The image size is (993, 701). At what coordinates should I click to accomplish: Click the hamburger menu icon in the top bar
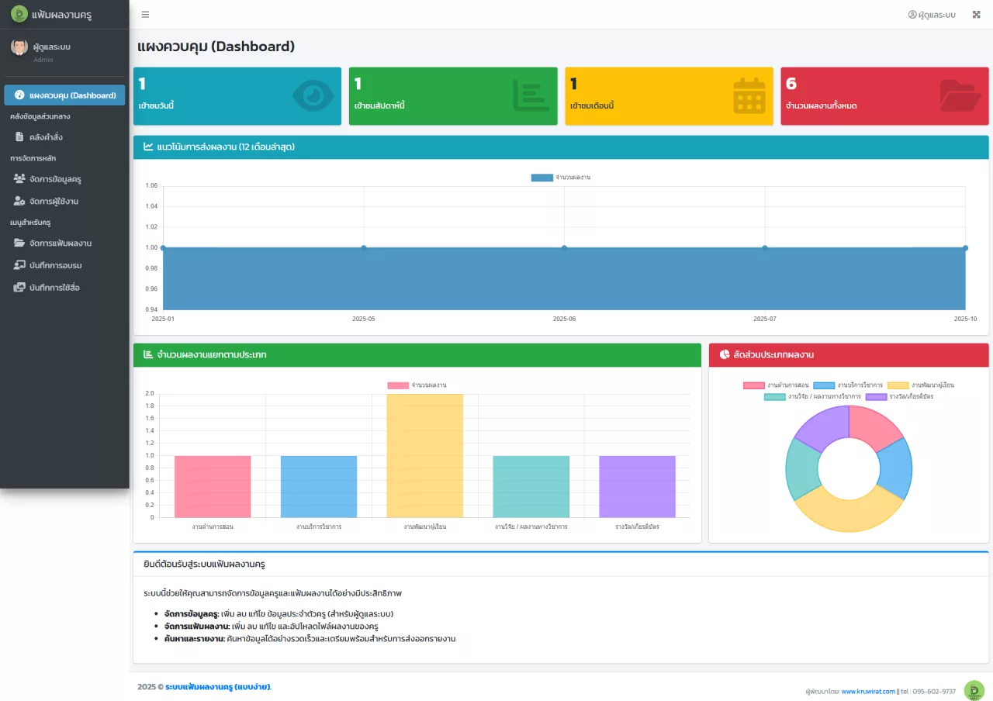tap(145, 15)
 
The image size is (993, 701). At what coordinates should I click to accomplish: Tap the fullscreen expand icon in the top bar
tap(976, 15)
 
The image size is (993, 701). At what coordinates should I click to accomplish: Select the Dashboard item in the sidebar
tap(64, 95)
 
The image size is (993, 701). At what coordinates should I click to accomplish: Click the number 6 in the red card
tap(791, 83)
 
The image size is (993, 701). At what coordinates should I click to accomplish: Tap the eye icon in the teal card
tap(313, 95)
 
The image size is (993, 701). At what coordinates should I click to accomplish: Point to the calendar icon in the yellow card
tap(749, 95)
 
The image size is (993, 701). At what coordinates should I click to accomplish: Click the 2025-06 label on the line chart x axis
tap(564, 319)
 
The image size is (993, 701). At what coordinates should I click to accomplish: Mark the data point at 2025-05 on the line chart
tap(364, 247)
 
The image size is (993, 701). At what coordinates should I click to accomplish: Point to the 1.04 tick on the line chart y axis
tap(151, 206)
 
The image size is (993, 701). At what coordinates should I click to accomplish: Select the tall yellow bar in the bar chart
tap(424, 455)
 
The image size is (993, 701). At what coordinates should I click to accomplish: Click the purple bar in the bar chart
tap(637, 486)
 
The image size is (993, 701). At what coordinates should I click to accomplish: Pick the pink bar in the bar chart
tap(213, 486)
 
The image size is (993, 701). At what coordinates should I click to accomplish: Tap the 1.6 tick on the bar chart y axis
tap(150, 418)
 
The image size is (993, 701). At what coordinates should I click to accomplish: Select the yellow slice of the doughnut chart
tap(849, 514)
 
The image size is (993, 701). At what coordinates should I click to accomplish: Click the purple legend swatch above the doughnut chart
tap(876, 396)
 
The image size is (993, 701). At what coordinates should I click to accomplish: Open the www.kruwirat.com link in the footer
tap(868, 691)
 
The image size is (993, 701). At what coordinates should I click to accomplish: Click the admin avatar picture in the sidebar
tap(19, 47)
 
